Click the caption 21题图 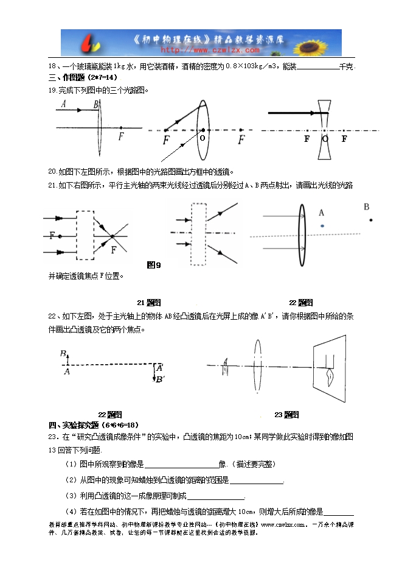148,303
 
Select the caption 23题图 286,415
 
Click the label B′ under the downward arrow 159,379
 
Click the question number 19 52,90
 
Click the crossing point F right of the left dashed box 112,235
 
